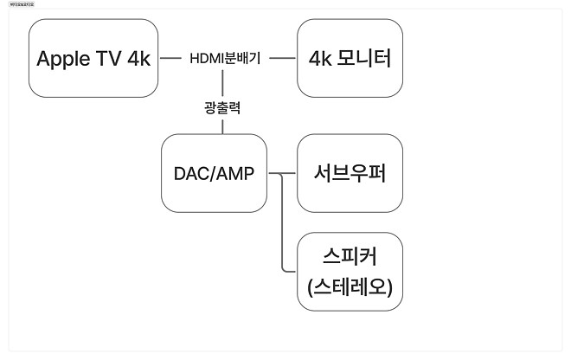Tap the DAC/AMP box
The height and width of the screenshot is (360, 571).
click(214, 174)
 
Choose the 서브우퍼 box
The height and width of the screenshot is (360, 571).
click(350, 174)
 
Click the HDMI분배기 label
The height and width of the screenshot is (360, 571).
click(225, 59)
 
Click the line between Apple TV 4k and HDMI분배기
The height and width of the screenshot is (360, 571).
click(171, 59)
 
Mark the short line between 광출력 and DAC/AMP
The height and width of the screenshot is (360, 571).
click(223, 126)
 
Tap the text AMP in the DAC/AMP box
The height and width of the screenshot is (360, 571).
click(235, 174)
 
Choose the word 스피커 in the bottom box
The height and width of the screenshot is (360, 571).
click(350, 257)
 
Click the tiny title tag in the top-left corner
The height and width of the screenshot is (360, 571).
click(19, 3)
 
